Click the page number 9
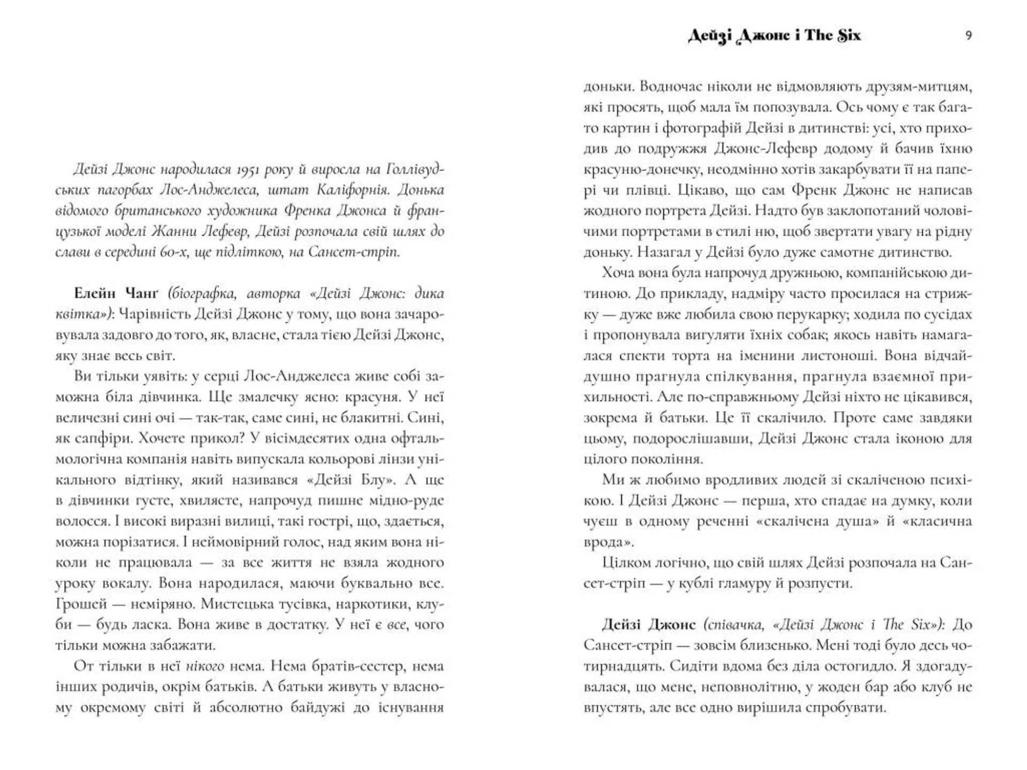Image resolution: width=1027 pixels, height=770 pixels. [x=969, y=35]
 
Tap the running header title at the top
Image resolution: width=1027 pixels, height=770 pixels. [x=774, y=35]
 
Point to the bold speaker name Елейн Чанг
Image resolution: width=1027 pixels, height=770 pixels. [x=116, y=294]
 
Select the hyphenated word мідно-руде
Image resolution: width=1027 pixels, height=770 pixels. [x=407, y=500]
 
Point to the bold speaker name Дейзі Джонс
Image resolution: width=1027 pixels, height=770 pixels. [x=648, y=625]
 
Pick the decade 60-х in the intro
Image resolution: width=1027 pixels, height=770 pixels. [x=174, y=252]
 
